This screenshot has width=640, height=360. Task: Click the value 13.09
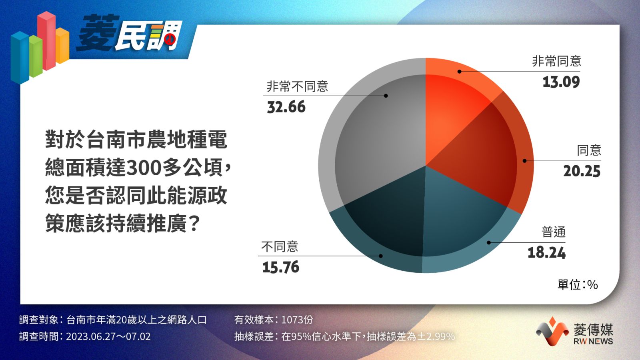561,82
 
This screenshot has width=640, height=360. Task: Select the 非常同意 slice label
556,61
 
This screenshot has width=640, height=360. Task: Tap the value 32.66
286,107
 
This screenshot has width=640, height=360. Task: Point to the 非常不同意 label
298,86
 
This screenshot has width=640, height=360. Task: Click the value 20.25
582,172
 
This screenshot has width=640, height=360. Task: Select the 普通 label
554,232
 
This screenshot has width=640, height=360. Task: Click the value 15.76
281,267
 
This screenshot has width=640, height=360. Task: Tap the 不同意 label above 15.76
280,246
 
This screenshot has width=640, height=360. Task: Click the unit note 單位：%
578,284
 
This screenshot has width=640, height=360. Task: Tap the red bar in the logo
47,40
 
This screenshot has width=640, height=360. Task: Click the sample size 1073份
297,320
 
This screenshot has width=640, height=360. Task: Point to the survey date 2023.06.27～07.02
108,336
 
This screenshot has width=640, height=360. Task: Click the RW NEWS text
593,341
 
